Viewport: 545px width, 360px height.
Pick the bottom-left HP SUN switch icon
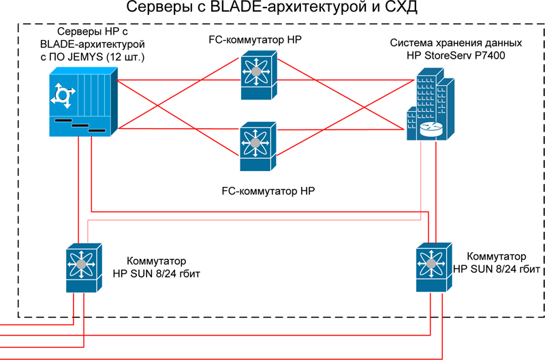point(82,267)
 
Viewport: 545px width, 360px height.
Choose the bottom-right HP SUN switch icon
point(431,267)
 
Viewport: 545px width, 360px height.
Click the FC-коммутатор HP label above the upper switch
point(255,40)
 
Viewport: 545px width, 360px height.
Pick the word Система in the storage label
point(409,42)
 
